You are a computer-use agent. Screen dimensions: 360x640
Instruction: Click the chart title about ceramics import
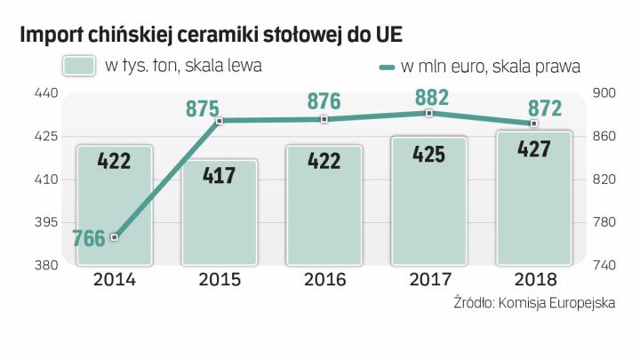point(210,34)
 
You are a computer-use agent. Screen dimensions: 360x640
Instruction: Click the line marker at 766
point(115,237)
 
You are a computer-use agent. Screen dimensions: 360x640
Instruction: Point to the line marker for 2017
point(429,114)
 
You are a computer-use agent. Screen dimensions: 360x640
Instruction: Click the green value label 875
point(203,108)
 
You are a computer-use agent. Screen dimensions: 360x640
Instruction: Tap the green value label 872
point(544,108)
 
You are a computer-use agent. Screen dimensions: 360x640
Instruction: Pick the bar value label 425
point(429,154)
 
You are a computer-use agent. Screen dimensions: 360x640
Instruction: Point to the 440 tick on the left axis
point(46,93)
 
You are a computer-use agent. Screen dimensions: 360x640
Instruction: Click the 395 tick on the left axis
point(46,222)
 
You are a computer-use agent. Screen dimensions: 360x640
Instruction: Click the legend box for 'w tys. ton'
point(79,65)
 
